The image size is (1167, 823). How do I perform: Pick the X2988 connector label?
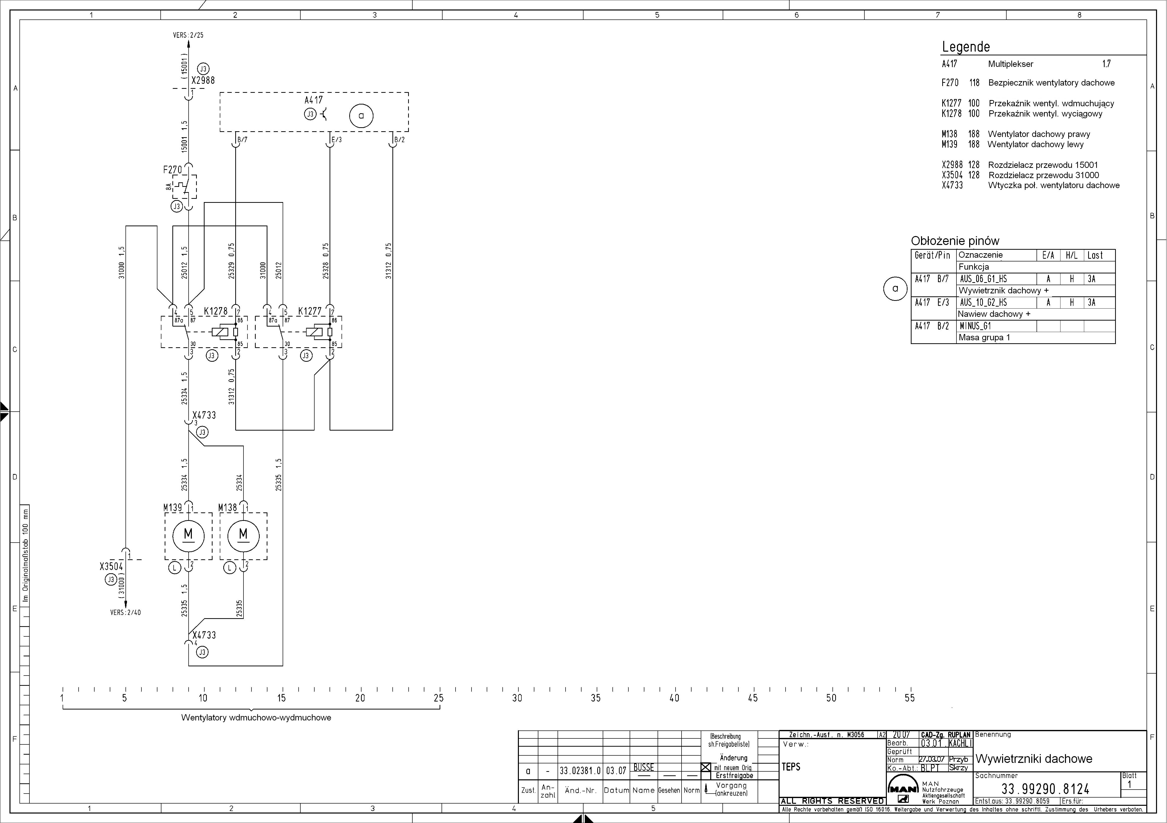click(203, 80)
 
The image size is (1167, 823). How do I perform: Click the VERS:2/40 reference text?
click(125, 612)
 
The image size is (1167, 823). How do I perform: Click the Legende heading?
click(966, 47)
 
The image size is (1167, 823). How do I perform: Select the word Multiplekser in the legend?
click(1010, 64)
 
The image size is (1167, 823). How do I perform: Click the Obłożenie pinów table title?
click(955, 241)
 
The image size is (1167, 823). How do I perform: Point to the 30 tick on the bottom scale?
click(517, 698)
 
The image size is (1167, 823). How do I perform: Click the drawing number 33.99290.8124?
click(1046, 789)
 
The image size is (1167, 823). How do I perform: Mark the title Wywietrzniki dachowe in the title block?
click(1034, 759)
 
